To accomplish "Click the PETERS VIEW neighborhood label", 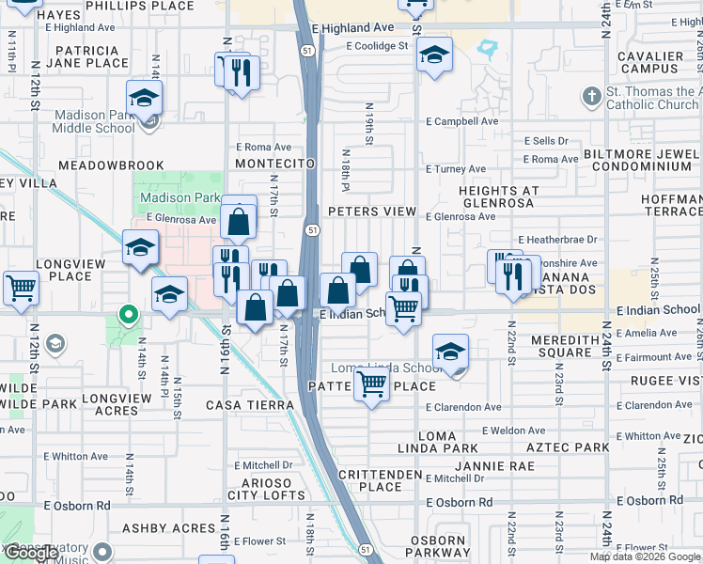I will (x=371, y=211).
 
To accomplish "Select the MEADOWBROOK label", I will (x=111, y=164).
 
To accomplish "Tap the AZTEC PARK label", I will (x=568, y=447).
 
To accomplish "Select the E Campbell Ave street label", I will (x=461, y=121).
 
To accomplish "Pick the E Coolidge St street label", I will (x=377, y=45).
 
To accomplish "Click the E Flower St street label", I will (x=262, y=541).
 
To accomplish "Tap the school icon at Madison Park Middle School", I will (x=145, y=99).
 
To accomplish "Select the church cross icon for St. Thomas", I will (x=591, y=96).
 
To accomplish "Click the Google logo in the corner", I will (x=31, y=553).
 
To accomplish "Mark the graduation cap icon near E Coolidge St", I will (x=433, y=55).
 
